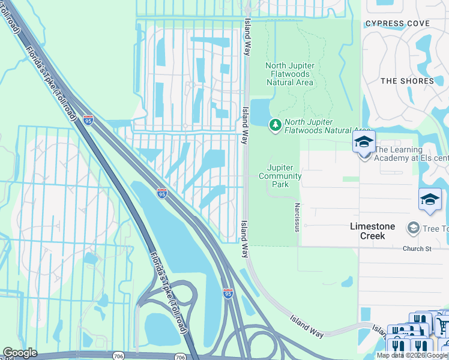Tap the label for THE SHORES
407,81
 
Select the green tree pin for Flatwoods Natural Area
276,125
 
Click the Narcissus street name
297,217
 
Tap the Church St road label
417,248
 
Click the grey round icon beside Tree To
413,227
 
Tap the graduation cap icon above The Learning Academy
364,142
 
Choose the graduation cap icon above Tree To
430,200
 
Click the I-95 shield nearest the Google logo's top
88,119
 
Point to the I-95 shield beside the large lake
161,193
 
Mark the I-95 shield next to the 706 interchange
228,293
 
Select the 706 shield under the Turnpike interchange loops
181,356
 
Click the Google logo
20,353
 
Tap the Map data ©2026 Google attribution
412,355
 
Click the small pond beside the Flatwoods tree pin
259,113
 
